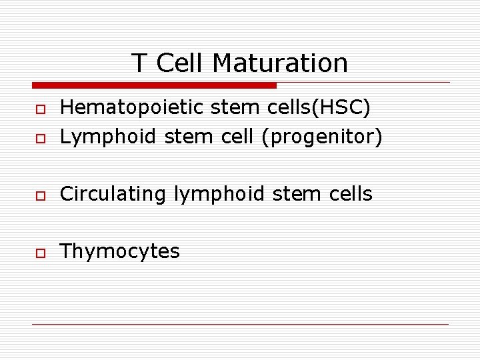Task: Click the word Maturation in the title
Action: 280,63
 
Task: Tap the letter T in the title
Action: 139,63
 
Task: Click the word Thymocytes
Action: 119,251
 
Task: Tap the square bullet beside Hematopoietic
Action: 40,108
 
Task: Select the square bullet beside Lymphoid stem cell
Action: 40,138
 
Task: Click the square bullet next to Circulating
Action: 40,195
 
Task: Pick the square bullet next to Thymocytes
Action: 40,253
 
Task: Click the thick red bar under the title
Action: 154,85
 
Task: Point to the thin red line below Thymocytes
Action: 240,324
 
